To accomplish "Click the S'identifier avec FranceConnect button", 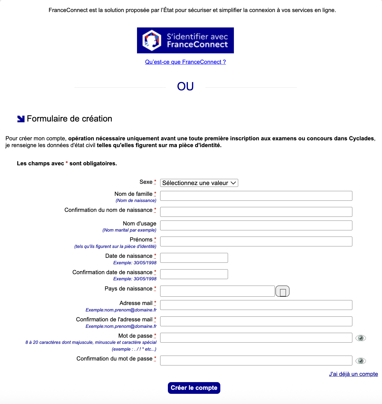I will pyautogui.click(x=185, y=40).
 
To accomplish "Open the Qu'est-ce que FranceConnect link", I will pyautogui.click(x=185, y=62).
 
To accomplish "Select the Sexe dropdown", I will pyautogui.click(x=199, y=183).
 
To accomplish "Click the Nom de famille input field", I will pyautogui.click(x=256, y=196).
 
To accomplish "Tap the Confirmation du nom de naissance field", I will pyautogui.click(x=256, y=212).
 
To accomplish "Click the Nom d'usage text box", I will pyautogui.click(x=256, y=225).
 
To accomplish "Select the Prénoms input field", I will pyautogui.click(x=256, y=241).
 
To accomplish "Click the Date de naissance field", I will pyautogui.click(x=194, y=258).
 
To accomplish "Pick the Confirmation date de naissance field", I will pyautogui.click(x=194, y=274).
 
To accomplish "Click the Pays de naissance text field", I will pyautogui.click(x=217, y=291).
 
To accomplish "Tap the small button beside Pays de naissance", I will pyautogui.click(x=282, y=291).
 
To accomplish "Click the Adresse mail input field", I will pyautogui.click(x=256, y=305).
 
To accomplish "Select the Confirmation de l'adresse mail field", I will pyautogui.click(x=256, y=321).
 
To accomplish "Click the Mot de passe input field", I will pyautogui.click(x=256, y=338).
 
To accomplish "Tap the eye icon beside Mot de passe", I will pyautogui.click(x=360, y=338).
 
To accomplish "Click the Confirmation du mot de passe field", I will pyautogui.click(x=256, y=361).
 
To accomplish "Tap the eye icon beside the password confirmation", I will pyautogui.click(x=360, y=361).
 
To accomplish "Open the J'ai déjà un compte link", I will pyautogui.click(x=353, y=374).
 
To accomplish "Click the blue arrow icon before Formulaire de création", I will pyautogui.click(x=21, y=119).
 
